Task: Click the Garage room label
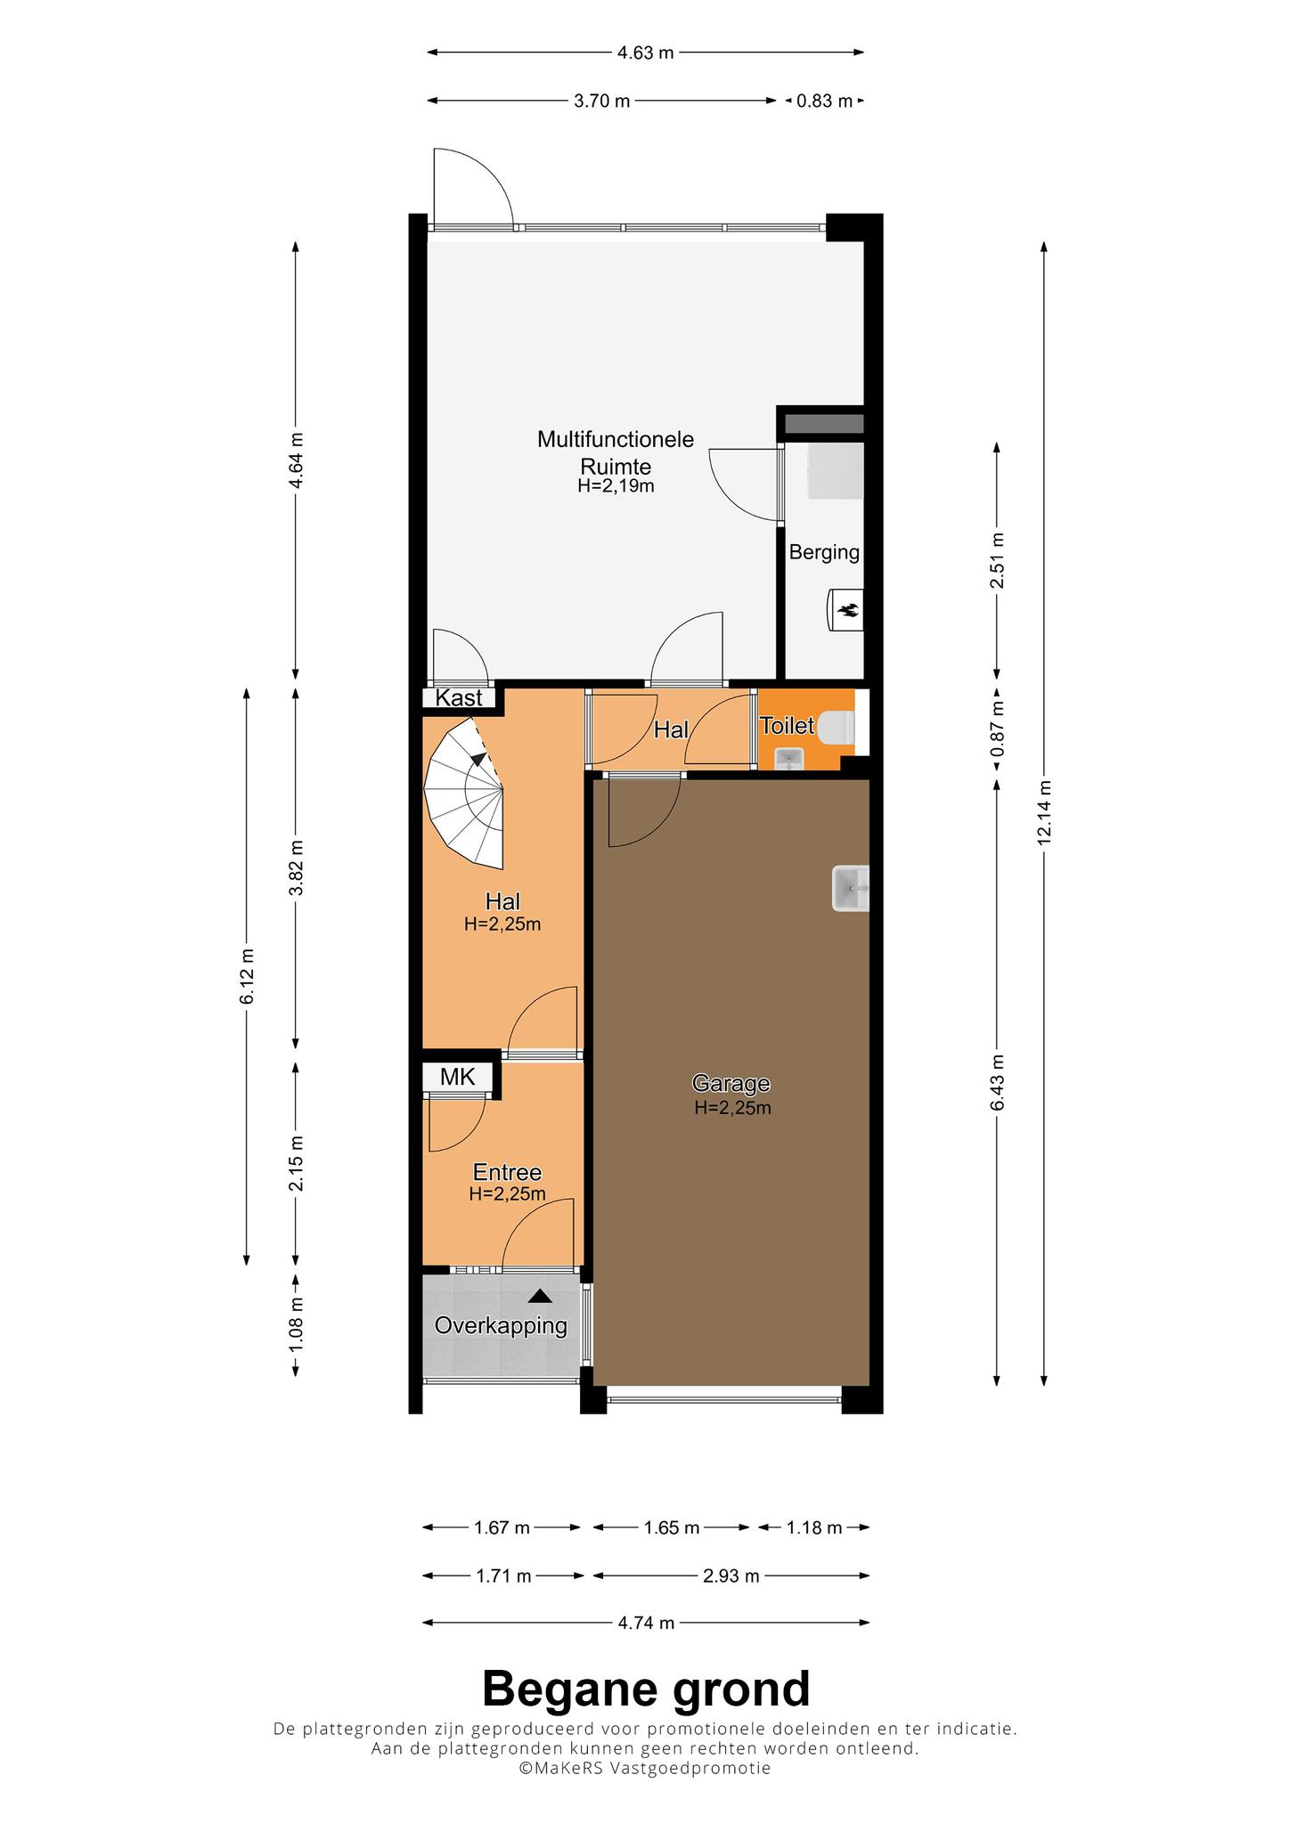(x=731, y=1084)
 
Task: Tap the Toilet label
(x=787, y=726)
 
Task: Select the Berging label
(x=824, y=552)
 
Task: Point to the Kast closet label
(x=459, y=698)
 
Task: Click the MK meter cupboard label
(x=458, y=1077)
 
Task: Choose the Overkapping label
(x=501, y=1325)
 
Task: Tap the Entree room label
(x=507, y=1173)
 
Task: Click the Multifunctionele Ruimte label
(x=616, y=452)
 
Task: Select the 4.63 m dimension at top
(x=646, y=53)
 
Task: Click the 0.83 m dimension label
(x=824, y=101)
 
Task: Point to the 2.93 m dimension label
(x=731, y=1576)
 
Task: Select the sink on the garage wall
(x=850, y=888)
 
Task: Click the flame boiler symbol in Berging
(x=846, y=610)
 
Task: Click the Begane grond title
(x=646, y=1689)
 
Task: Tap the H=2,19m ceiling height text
(x=616, y=486)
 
